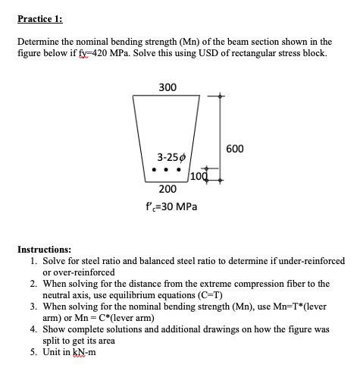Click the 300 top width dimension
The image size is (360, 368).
167,87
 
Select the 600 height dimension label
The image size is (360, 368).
234,148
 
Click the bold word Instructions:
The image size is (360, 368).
44,248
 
